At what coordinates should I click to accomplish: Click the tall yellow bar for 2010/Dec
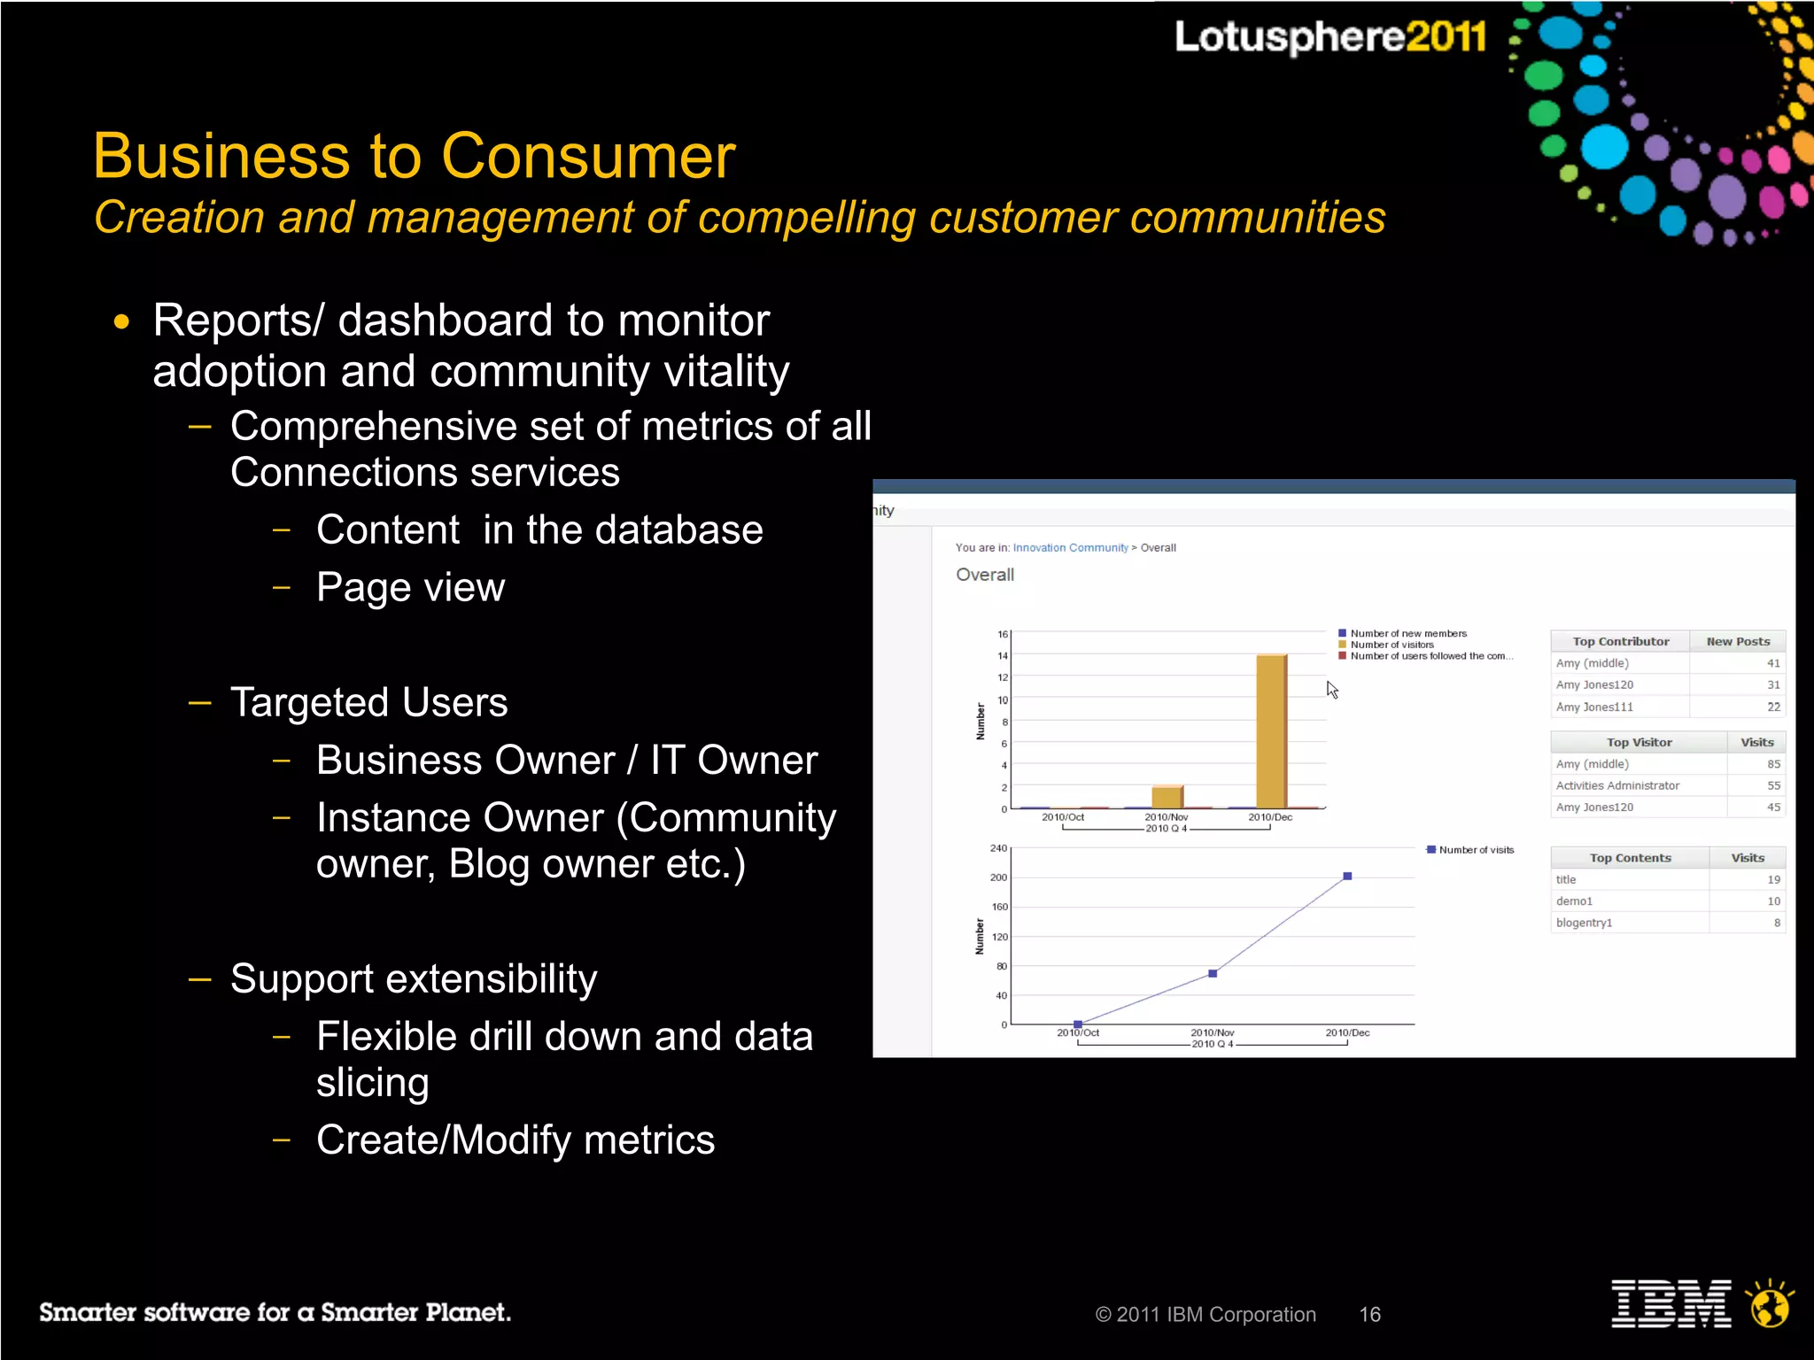point(1271,730)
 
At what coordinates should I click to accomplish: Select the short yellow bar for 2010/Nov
point(1167,797)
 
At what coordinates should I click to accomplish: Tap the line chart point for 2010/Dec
point(1347,877)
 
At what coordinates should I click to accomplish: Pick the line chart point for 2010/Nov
point(1213,974)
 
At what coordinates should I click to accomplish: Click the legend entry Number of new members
point(1407,633)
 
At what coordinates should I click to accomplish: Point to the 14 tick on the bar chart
point(1003,656)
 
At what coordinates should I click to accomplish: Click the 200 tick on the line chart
point(998,877)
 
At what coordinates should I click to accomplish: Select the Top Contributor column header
point(1620,642)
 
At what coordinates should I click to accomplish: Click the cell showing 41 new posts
point(1772,663)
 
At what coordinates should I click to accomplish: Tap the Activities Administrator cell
point(1617,785)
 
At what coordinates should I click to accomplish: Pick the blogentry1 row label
point(1584,923)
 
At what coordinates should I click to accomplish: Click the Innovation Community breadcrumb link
point(1070,548)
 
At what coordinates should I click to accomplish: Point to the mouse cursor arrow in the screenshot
point(1332,690)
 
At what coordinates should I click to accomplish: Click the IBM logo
point(1671,1304)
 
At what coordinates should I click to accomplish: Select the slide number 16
point(1369,1315)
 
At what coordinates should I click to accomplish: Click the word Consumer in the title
point(588,157)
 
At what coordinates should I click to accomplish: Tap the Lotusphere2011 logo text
point(1329,37)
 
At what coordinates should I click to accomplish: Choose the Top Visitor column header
point(1639,743)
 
